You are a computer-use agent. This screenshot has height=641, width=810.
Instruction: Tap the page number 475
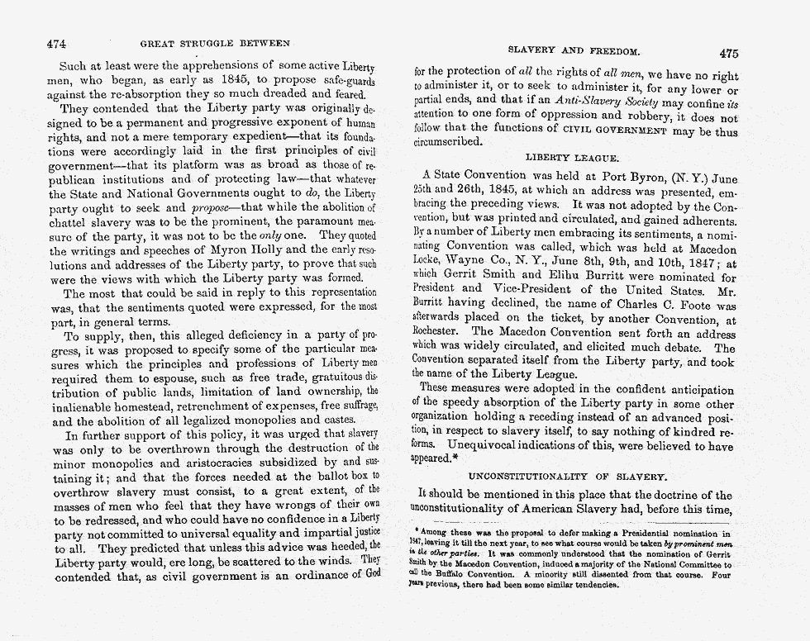tap(728, 54)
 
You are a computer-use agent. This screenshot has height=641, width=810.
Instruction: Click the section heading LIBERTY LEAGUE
tap(572, 157)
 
